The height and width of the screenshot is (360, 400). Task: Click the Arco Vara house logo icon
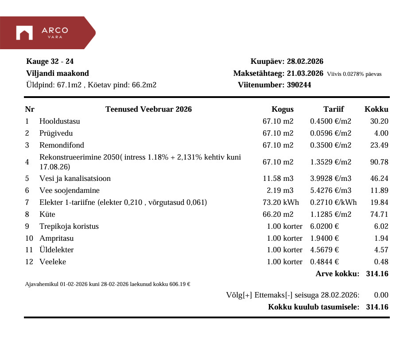point(24,33)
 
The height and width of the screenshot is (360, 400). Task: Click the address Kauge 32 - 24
point(50,62)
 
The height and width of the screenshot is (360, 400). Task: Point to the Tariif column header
point(333,110)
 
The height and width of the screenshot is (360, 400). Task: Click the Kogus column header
point(282,110)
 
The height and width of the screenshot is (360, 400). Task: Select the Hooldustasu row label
point(60,121)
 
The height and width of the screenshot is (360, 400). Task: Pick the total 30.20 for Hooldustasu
point(379,121)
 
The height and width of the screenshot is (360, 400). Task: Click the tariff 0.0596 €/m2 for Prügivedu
point(330,133)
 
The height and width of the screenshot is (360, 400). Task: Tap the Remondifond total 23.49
point(379,145)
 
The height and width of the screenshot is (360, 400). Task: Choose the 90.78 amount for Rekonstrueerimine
point(379,162)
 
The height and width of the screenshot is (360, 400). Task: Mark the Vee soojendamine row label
point(70,191)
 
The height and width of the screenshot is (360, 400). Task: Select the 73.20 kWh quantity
point(281,203)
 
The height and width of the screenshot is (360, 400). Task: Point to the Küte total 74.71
point(379,215)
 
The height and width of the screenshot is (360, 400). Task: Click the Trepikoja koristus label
point(69,227)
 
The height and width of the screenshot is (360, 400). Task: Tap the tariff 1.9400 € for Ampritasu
point(325,239)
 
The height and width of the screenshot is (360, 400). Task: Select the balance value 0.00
point(381,295)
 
